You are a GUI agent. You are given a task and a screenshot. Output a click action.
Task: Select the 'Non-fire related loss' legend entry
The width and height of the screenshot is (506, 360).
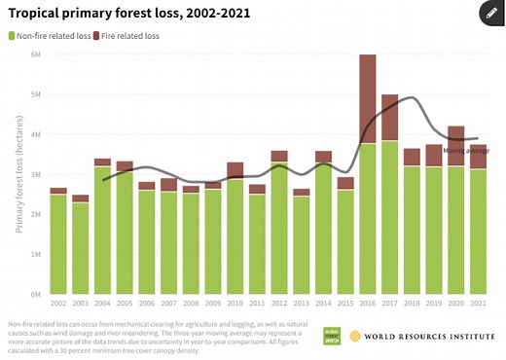point(52,36)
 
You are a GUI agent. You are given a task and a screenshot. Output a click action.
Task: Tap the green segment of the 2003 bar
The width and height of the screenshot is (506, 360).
point(81,247)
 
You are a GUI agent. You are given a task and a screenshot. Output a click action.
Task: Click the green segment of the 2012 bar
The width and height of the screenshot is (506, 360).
point(279,228)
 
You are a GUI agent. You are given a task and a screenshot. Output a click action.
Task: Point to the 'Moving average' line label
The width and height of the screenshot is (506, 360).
point(465,150)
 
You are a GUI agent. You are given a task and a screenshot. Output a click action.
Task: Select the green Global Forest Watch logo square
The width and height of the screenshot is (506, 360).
point(333,336)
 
